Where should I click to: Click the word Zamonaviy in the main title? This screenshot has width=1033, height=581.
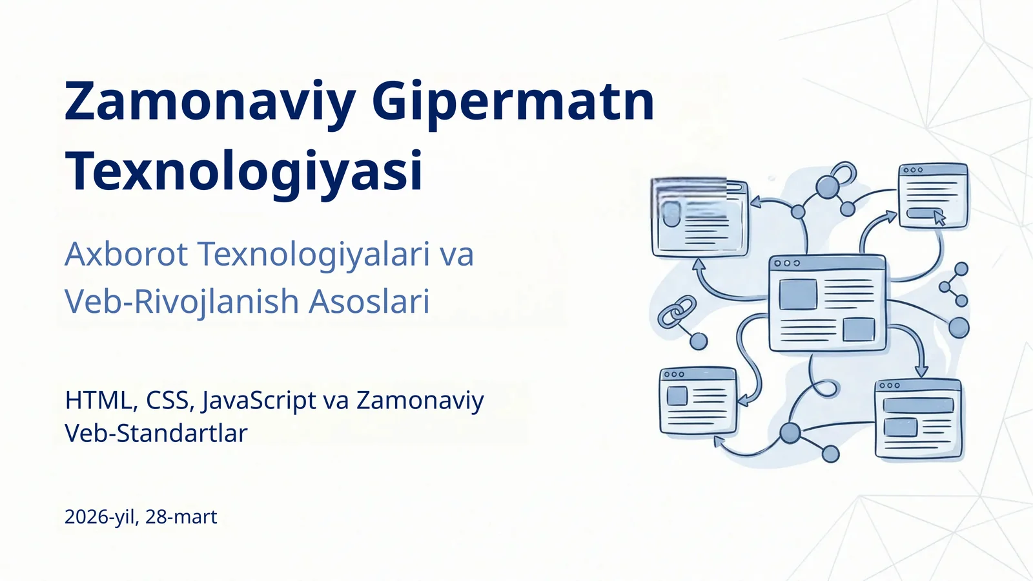(210, 102)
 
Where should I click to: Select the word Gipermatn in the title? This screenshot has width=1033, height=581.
(513, 102)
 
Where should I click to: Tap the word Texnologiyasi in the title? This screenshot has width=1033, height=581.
(244, 171)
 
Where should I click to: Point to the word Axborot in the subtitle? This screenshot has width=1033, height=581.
(127, 253)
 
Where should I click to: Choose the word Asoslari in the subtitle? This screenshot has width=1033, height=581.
(369, 301)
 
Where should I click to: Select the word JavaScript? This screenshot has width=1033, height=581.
(259, 401)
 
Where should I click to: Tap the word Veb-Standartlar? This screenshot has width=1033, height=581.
(156, 433)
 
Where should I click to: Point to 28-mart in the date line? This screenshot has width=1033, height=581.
(181, 517)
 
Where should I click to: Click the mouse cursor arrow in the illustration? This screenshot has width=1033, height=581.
(939, 218)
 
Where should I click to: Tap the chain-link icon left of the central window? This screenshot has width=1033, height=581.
(677, 312)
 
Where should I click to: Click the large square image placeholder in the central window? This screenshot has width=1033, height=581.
(798, 295)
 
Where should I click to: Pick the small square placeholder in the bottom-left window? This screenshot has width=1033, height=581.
(677, 396)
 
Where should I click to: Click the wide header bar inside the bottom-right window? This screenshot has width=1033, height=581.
(918, 406)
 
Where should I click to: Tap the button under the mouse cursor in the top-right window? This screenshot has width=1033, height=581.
(922, 213)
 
